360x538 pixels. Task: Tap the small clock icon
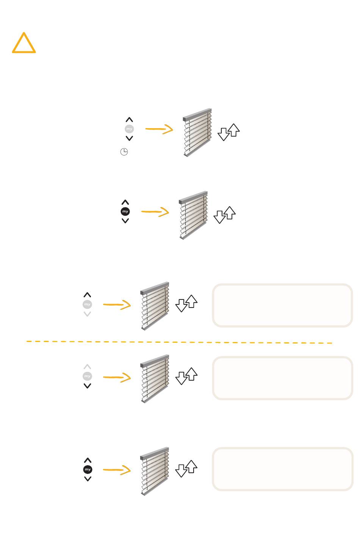coord(124,152)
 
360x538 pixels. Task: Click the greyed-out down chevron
coord(87,314)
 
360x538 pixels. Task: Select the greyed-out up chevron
coord(87,367)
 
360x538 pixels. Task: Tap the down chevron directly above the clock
coord(129,138)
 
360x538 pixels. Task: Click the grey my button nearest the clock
coord(129,129)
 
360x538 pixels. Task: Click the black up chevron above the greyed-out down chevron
coord(87,295)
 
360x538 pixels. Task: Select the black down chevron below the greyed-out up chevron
coord(87,386)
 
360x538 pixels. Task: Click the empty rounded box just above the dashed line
coord(283,305)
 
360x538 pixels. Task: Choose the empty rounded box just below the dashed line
coord(283,378)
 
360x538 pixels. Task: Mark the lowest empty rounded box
coord(283,469)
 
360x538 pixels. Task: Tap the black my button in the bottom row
coord(88,469)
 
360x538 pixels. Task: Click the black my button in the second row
coord(125,212)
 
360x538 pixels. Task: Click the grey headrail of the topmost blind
coord(197,115)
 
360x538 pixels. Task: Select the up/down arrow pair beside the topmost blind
coord(229,132)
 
